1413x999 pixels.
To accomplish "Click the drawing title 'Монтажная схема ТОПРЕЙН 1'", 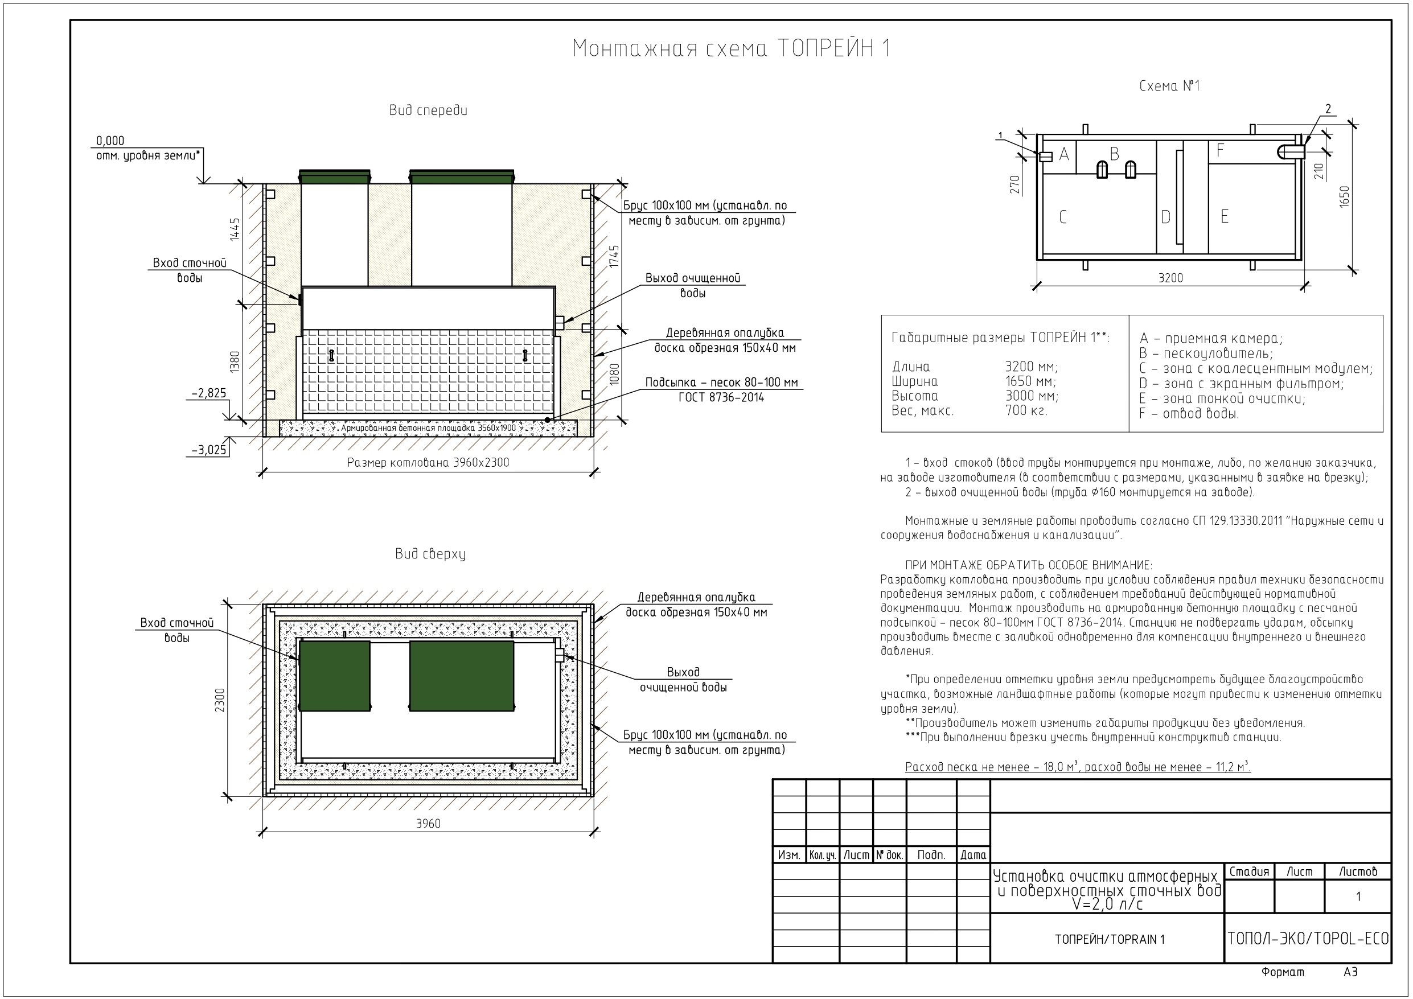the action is click(731, 48).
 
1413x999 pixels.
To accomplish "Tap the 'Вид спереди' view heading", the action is click(428, 111).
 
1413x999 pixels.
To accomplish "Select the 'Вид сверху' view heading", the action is click(430, 554).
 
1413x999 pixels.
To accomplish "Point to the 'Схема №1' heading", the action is click(1169, 86).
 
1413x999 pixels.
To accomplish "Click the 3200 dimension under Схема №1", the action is click(1170, 278).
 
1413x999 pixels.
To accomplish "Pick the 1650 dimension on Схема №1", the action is click(1344, 196).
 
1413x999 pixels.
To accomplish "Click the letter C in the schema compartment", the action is click(1063, 217).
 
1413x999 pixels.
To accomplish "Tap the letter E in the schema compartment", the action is click(1225, 217).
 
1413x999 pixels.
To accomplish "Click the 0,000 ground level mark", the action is click(110, 141).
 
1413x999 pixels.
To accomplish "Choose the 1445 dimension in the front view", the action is click(235, 230).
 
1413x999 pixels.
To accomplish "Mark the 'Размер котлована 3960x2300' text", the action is click(428, 463).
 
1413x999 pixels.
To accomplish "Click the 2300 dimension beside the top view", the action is click(220, 701).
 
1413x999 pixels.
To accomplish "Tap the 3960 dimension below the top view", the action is click(428, 824).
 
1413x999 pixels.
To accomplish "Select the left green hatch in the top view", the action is click(334, 676).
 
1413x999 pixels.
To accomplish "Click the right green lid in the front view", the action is click(462, 176).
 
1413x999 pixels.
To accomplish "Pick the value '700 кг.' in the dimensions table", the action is click(1026, 410).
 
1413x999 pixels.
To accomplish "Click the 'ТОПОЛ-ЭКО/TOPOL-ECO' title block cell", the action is click(1308, 939).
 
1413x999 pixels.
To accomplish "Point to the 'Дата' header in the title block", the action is click(973, 855).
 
